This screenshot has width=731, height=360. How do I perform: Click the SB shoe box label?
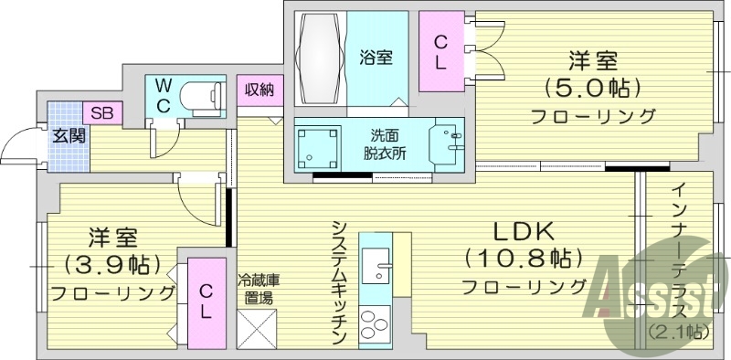(101, 113)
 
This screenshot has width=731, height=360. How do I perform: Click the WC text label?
(163, 95)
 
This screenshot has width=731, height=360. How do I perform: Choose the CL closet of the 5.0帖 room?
(440, 51)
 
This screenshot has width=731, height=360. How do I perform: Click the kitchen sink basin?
(376, 270)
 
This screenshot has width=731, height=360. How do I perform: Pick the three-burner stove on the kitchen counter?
(376, 325)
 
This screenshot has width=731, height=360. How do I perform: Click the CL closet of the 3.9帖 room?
(207, 302)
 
